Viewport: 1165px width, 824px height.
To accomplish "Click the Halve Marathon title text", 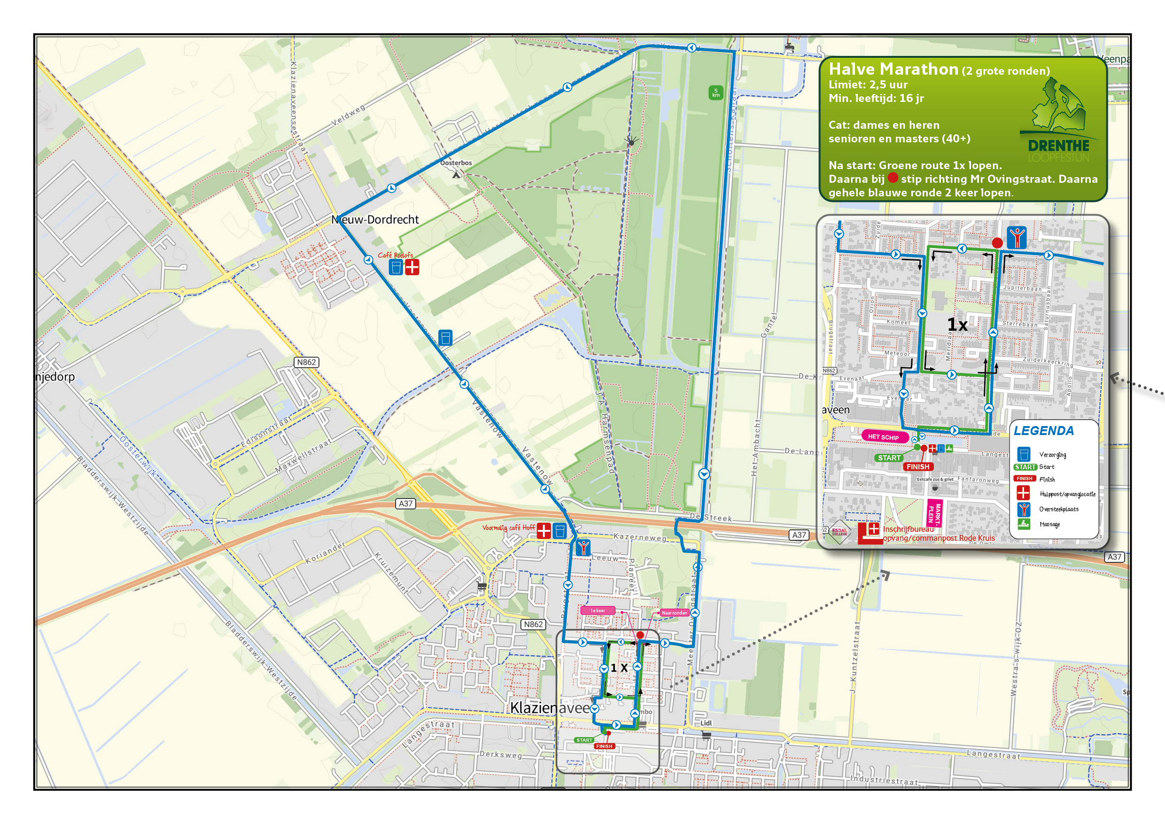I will (893, 69).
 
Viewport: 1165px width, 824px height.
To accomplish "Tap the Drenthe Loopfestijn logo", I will (1058, 122).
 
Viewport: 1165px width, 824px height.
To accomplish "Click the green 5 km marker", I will (715, 93).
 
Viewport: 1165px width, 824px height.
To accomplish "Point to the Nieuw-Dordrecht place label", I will (375, 220).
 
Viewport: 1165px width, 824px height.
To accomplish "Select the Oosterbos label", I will (456, 163).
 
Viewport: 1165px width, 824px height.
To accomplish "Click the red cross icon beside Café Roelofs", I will (412, 267).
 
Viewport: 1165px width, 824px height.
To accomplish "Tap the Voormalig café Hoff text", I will (508, 528).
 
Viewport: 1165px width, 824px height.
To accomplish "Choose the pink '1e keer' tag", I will (597, 610).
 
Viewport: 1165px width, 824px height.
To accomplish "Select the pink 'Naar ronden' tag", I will (675, 613).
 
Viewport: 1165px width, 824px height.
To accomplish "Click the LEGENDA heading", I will (1044, 431).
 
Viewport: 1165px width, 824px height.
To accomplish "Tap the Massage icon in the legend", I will (1024, 524).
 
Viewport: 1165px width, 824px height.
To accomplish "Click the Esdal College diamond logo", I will (839, 532).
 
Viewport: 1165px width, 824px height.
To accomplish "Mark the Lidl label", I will (706, 723).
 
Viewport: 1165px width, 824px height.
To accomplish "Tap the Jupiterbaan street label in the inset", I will (1022, 288).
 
